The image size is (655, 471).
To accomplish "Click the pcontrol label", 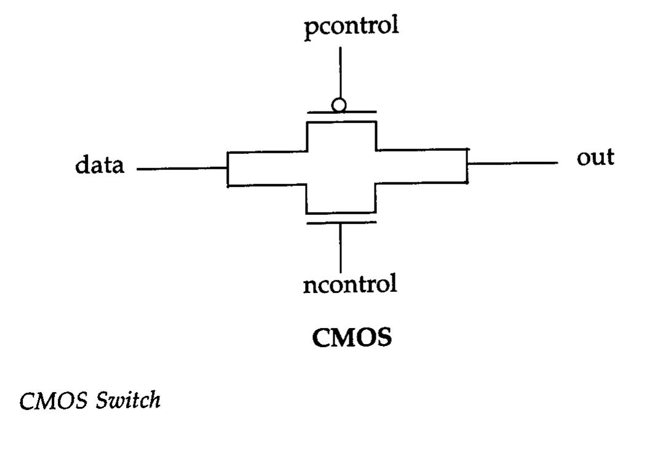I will (351, 28).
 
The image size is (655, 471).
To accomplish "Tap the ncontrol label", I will (350, 284).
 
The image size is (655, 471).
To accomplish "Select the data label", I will (100, 165).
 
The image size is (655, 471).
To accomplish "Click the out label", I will (595, 158).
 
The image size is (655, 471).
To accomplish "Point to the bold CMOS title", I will (352, 337).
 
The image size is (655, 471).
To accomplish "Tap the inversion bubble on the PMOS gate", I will (339, 105).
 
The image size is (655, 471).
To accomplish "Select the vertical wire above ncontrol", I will (340, 249).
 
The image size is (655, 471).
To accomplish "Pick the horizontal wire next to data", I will (181, 169).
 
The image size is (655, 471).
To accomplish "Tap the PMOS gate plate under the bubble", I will (341, 113).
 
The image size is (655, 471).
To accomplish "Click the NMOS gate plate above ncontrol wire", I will (341, 222).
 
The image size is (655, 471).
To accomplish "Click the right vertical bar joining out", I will (467, 165).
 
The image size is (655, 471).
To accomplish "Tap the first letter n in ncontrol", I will (310, 285).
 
